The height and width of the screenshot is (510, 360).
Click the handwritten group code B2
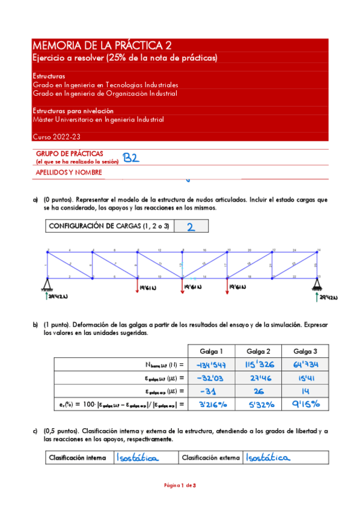pyautogui.click(x=131, y=158)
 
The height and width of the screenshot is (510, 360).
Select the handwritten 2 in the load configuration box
pyautogui.click(x=191, y=227)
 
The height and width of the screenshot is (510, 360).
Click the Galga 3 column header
pyautogui.click(x=306, y=351)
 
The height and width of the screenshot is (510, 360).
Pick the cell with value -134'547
pyautogui.click(x=212, y=364)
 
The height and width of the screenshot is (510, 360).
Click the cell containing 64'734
pyautogui.click(x=306, y=364)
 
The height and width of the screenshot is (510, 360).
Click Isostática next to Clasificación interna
pyautogui.click(x=138, y=458)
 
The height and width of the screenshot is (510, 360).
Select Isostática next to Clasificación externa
pyautogui.click(x=267, y=458)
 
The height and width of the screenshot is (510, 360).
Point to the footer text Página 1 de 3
pyautogui.click(x=180, y=485)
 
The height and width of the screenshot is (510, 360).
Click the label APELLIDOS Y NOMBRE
pyautogui.click(x=69, y=172)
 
